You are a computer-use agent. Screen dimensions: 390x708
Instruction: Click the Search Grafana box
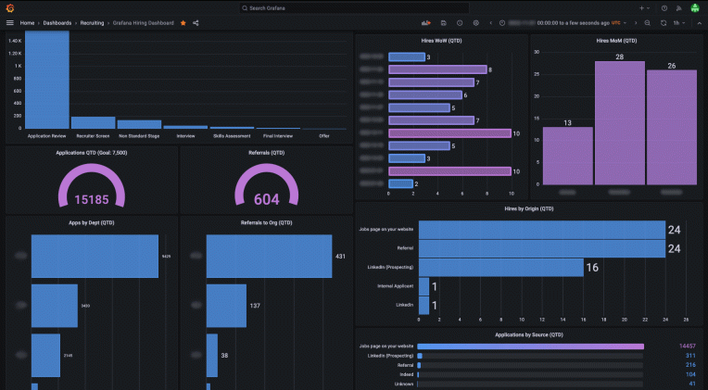[352, 7]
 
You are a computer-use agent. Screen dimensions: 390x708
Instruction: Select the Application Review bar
[46, 83]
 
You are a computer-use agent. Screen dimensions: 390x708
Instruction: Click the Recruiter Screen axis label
[93, 136]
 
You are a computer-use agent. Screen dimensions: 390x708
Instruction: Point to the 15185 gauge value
[91, 198]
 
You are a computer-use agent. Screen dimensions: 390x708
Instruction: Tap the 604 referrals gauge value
[266, 198]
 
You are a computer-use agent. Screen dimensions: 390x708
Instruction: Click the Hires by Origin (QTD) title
[529, 208]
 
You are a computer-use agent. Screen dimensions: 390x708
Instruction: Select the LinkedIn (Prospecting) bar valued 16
[500, 268]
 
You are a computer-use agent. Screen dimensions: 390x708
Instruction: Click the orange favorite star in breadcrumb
[183, 22]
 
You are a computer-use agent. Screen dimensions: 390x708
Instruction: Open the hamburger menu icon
[10, 22]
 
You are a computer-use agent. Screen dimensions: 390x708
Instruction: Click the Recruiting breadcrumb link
[92, 22]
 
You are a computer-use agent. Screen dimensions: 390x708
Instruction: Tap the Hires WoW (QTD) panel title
[440, 41]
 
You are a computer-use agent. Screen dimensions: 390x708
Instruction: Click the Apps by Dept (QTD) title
[91, 222]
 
